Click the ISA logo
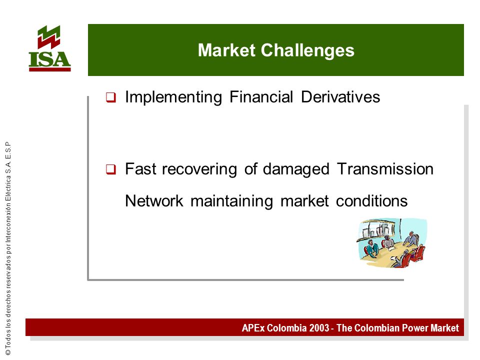coord(49,48)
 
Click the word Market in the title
coord(226,50)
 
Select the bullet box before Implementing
coord(111,97)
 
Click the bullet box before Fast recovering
coord(111,169)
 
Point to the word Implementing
coord(173,98)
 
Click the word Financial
coord(261,97)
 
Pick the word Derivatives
coord(340,97)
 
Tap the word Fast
coord(140,169)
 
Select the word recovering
coord(199,170)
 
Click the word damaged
coord(296,170)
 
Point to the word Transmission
coord(385,169)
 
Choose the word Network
coord(154,201)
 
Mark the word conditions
coord(371,201)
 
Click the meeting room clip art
coord(392,243)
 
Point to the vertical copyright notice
coord(8,248)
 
